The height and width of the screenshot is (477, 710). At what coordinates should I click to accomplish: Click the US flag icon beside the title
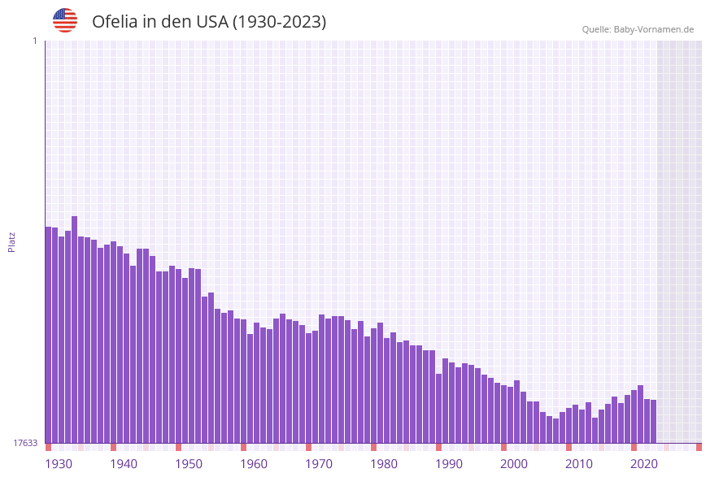[x=65, y=20]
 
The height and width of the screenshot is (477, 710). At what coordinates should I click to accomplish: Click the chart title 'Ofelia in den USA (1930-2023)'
[x=209, y=22]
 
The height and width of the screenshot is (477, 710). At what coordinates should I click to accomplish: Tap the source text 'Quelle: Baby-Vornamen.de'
[x=638, y=29]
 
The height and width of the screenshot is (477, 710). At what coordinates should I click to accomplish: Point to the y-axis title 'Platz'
[x=11, y=241]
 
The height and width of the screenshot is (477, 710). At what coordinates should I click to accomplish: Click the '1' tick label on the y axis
[x=34, y=41]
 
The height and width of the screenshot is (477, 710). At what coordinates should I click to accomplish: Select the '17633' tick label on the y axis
[x=25, y=443]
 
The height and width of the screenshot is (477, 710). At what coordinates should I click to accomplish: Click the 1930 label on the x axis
[x=59, y=464]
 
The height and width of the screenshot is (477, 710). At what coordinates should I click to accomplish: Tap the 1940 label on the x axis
[x=124, y=464]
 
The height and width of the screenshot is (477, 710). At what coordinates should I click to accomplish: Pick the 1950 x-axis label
[x=189, y=464]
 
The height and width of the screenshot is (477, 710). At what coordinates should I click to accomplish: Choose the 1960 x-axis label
[x=254, y=464]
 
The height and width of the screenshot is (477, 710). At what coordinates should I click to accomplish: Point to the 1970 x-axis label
[x=319, y=464]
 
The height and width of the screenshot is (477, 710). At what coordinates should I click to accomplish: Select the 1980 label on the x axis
[x=384, y=464]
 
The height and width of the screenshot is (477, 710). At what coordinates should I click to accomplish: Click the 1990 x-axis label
[x=449, y=464]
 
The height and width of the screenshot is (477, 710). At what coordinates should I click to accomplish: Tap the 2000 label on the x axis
[x=514, y=464]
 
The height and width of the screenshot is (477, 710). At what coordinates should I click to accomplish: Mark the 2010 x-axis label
[x=579, y=464]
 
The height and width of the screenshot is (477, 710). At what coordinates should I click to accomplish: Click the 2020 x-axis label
[x=644, y=464]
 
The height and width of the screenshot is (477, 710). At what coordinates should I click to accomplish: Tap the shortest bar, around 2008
[x=556, y=431]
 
